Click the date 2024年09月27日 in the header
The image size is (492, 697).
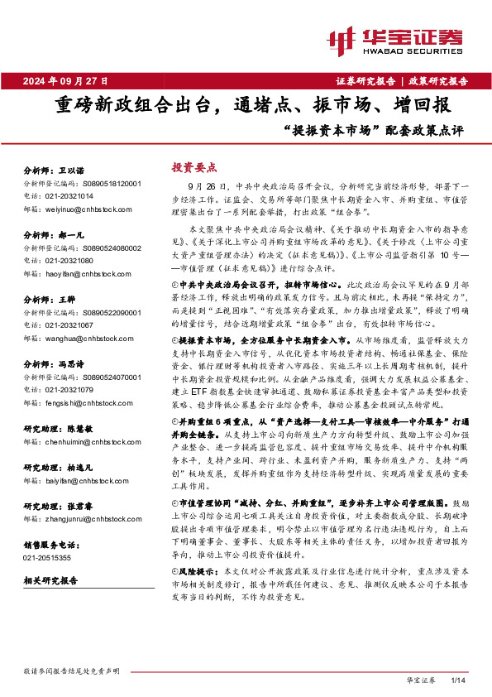tap(65, 81)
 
